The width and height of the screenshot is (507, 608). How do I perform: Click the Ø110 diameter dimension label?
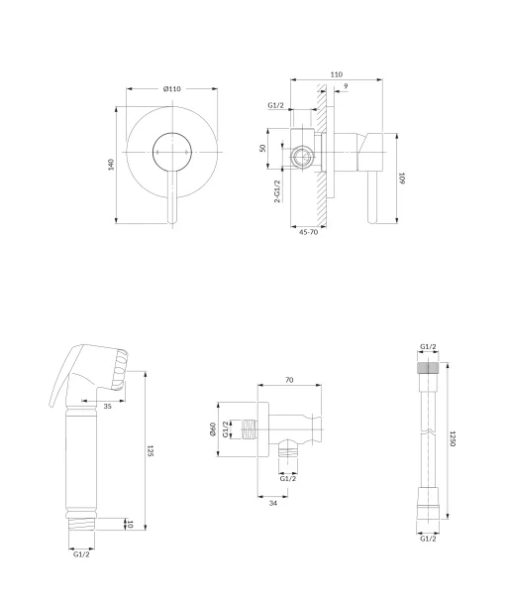coord(172,89)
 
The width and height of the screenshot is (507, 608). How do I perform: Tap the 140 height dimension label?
coord(112,165)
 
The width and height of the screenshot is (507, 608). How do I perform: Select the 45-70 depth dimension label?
coord(308,232)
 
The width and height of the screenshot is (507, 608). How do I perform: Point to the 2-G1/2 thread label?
coord(277,191)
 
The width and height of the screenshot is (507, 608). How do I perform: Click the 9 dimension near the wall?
coord(346,85)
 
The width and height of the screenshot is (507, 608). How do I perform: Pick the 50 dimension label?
coord(262,148)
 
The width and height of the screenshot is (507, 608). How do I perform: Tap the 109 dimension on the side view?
coord(402,179)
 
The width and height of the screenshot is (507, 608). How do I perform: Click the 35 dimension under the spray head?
coord(108,406)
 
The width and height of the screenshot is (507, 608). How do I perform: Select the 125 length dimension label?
coord(151,450)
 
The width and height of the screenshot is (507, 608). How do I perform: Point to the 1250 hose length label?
coord(453,438)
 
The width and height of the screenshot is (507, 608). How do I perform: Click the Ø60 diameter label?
coord(213,428)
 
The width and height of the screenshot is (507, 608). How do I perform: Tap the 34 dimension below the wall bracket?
coord(273,503)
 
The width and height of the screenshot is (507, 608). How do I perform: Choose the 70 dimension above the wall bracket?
coord(289,380)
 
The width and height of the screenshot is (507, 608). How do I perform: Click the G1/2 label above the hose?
coord(428,347)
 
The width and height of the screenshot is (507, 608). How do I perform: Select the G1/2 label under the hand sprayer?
coord(81,554)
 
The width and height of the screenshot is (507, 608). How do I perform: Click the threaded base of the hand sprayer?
coord(81,525)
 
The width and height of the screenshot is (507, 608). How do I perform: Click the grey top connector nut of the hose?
coord(428,368)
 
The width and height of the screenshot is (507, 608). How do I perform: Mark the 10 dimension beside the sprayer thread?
coord(130,525)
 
